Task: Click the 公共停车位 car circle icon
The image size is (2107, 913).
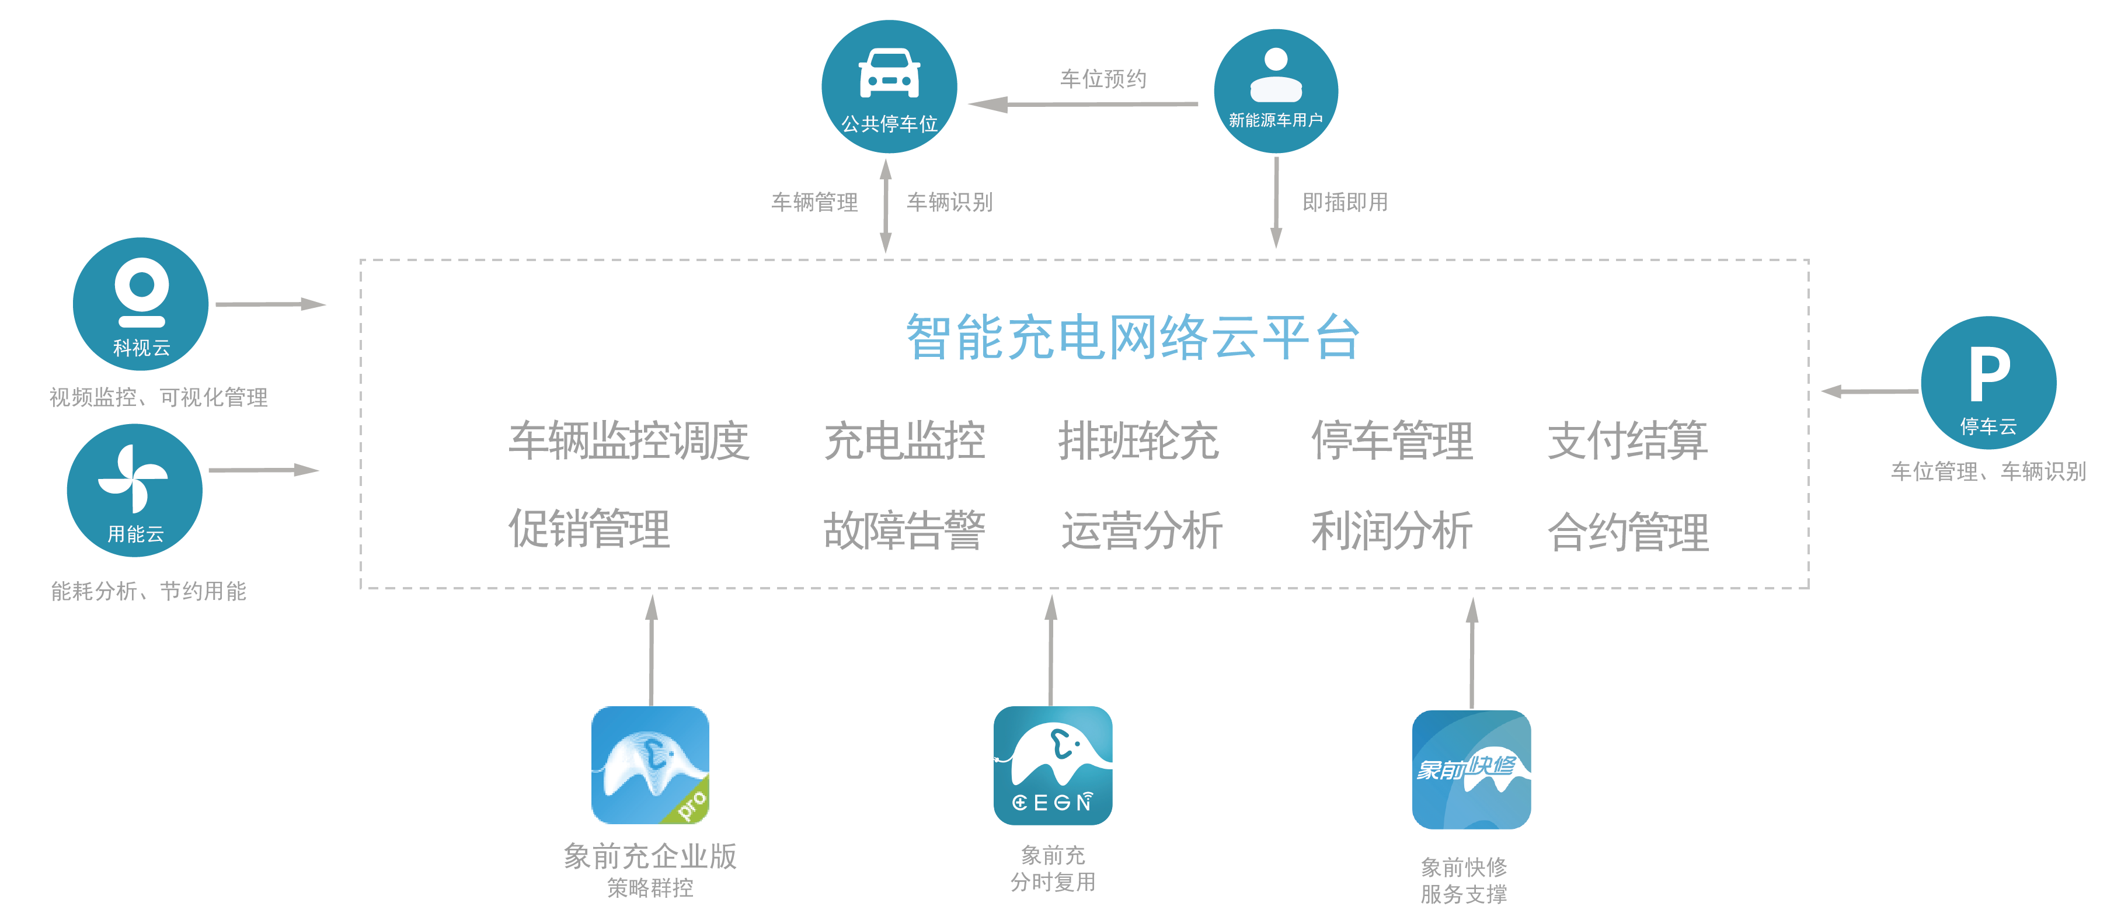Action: point(889,86)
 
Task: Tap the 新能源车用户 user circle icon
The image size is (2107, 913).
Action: point(1275,90)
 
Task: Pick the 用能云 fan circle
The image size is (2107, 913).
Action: point(134,490)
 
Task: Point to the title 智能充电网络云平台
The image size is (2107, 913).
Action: point(1132,336)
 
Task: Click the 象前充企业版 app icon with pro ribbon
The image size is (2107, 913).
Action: point(650,765)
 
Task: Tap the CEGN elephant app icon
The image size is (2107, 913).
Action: point(1053,765)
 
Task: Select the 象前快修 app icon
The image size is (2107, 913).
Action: point(1471,769)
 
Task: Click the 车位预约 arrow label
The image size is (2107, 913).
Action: point(1103,78)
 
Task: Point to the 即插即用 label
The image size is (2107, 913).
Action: point(1345,202)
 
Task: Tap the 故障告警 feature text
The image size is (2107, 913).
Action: point(904,530)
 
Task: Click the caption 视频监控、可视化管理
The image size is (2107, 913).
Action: point(159,398)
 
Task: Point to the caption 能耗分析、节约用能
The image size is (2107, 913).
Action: point(149,591)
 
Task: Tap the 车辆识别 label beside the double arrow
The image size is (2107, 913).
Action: point(950,202)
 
